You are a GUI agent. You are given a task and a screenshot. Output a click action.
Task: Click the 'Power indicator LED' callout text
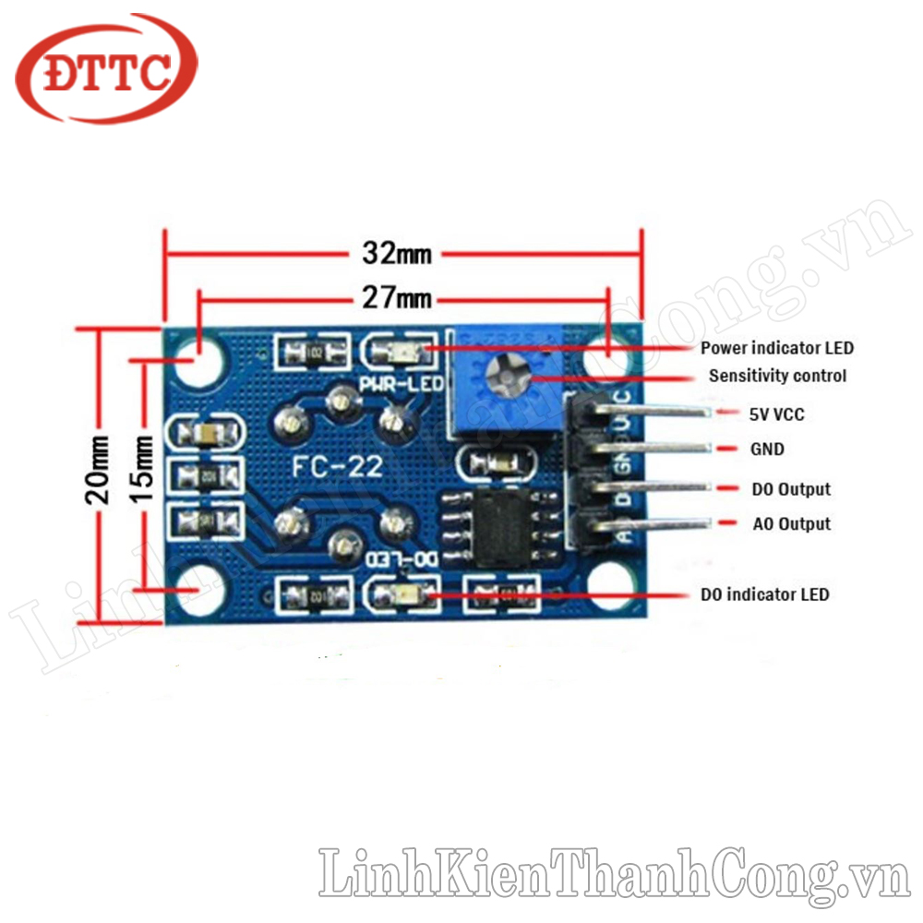(x=776, y=348)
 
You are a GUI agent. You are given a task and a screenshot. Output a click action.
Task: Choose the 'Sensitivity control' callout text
(x=777, y=376)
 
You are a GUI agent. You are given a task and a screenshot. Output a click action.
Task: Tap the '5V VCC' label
(x=776, y=414)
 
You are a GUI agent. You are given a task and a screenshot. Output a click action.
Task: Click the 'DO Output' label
(x=790, y=488)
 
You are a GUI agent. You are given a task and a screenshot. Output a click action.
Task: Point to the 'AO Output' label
(x=791, y=523)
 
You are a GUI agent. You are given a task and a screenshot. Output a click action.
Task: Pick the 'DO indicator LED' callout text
(x=764, y=593)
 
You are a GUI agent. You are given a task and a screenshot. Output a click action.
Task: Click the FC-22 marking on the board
(x=337, y=467)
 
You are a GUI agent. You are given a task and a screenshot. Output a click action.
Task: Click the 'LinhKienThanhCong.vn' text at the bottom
(x=615, y=871)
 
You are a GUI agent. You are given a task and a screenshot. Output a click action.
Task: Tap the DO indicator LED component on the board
(x=402, y=593)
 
